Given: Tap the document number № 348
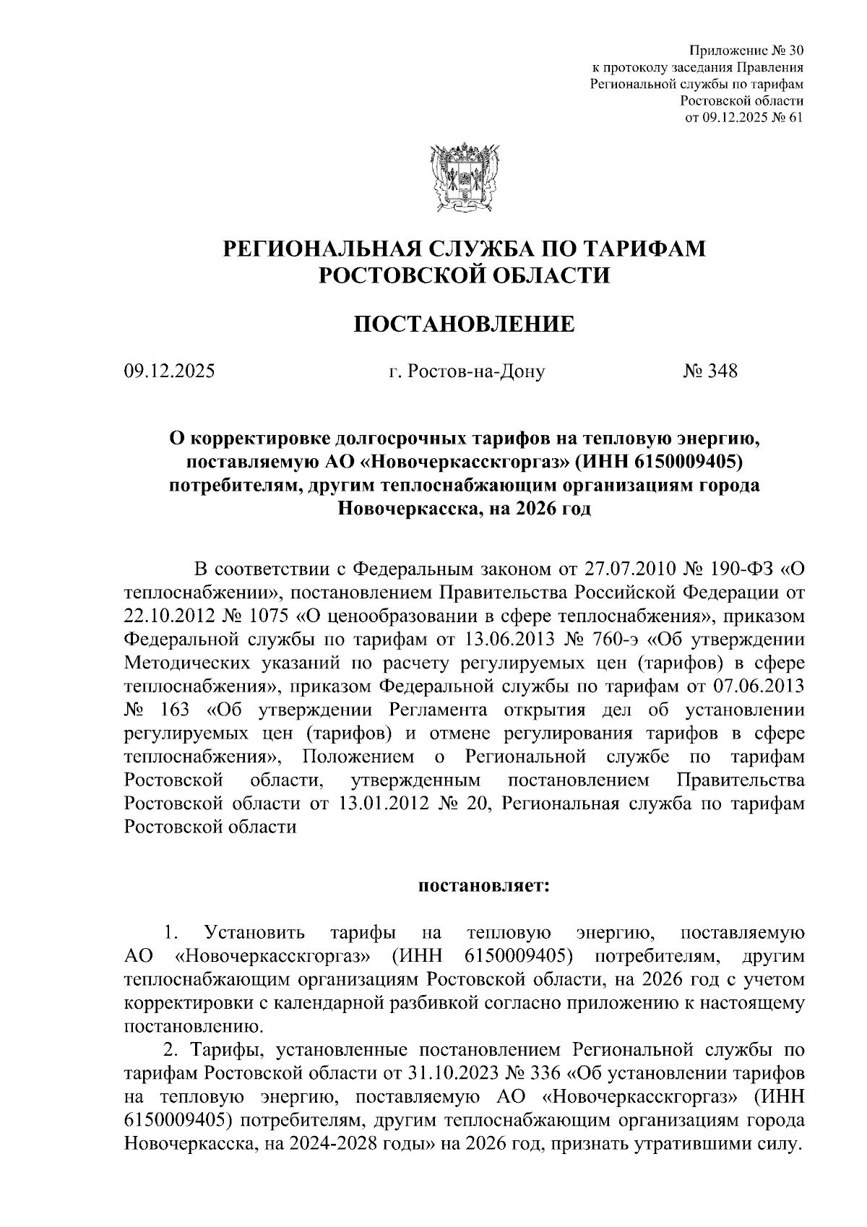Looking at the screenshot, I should (x=710, y=372).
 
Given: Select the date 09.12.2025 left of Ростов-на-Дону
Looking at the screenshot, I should (x=169, y=372).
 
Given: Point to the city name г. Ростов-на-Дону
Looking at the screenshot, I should (x=467, y=372).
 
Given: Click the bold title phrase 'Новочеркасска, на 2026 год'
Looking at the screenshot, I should (x=464, y=509).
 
